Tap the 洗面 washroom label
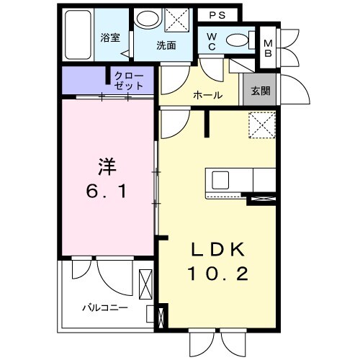pos(167,45)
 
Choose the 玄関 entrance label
pos(261,91)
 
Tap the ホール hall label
pos(207,95)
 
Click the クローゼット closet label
pos(129,80)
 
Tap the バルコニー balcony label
pos(104,307)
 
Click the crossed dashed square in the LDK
pos(261,125)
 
